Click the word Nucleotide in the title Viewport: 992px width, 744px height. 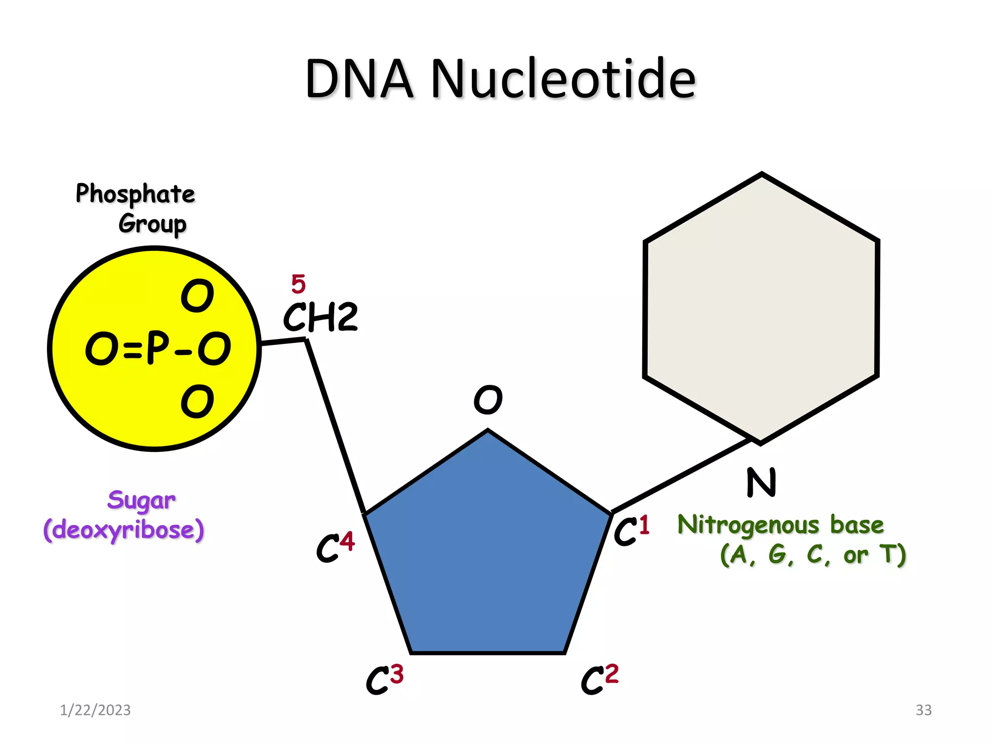click(x=563, y=78)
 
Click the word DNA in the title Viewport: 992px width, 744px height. click(x=359, y=78)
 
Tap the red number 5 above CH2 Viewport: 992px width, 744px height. click(x=298, y=284)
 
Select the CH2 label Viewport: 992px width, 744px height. click(x=321, y=317)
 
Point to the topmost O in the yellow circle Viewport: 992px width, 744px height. click(x=197, y=295)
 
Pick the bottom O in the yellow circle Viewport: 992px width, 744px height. click(x=197, y=401)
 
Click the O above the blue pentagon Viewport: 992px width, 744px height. click(x=488, y=400)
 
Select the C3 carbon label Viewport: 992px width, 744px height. click(x=384, y=679)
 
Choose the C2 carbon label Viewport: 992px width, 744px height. click(x=599, y=679)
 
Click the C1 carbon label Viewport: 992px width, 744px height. click(x=631, y=531)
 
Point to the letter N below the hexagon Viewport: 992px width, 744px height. click(x=761, y=482)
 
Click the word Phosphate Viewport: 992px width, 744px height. click(x=135, y=194)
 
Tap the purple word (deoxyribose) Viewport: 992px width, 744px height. click(x=124, y=530)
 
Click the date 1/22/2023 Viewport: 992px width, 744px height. click(x=95, y=710)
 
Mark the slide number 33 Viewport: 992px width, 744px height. click(x=923, y=710)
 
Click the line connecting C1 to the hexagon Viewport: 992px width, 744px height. click(x=681, y=476)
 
